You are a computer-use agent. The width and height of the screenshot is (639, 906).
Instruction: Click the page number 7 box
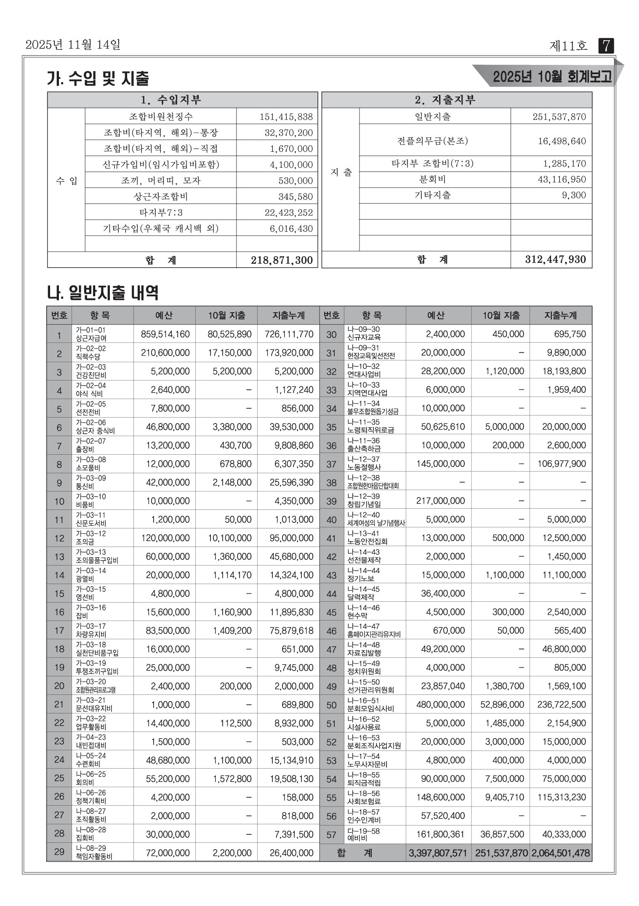[x=606, y=46]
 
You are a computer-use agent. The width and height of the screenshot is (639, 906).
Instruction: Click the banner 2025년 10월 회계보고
[x=552, y=77]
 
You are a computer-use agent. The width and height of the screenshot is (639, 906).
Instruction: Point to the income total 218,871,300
[x=282, y=260]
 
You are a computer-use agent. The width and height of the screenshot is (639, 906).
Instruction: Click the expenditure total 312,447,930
[x=555, y=259]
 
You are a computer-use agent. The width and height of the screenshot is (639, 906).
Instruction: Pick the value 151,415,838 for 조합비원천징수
[x=286, y=117]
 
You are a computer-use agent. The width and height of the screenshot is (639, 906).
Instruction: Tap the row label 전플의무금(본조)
[x=432, y=141]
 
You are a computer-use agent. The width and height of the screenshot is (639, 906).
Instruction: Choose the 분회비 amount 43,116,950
[x=562, y=180]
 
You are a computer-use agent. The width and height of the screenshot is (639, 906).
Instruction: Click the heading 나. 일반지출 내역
[x=103, y=292]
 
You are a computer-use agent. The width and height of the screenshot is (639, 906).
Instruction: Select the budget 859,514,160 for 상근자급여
[x=165, y=335]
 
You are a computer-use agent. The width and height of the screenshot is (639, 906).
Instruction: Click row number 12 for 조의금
[x=59, y=538]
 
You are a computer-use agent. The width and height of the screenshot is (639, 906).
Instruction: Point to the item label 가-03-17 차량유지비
[x=91, y=630]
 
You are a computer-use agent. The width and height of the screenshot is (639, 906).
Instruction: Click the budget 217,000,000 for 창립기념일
[x=440, y=501]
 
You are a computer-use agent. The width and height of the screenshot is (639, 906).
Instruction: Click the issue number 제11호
[x=568, y=46]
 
